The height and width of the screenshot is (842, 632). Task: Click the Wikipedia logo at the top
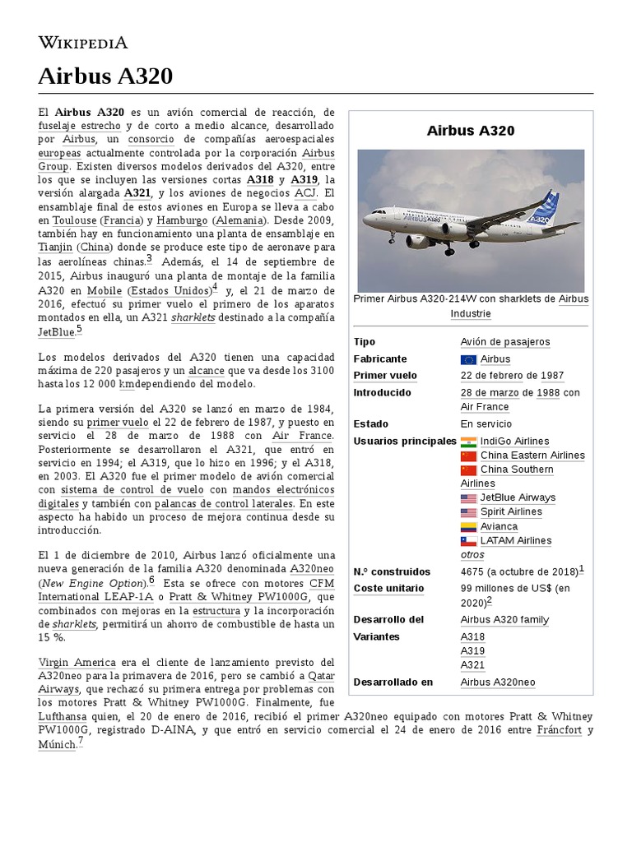pyautogui.click(x=83, y=42)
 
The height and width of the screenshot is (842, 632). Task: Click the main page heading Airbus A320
pyautogui.click(x=105, y=76)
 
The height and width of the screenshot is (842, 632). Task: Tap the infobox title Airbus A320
pyautogui.click(x=471, y=131)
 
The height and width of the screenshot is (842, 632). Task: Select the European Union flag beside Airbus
pyautogui.click(x=469, y=359)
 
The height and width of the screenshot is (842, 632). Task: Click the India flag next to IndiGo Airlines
pyautogui.click(x=469, y=442)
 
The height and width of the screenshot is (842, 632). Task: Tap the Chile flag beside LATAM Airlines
pyautogui.click(x=469, y=541)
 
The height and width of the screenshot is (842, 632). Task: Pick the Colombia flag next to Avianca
pyautogui.click(x=469, y=526)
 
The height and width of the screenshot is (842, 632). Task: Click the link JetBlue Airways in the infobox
pyautogui.click(x=518, y=497)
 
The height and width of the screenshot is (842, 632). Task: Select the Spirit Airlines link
pyautogui.click(x=511, y=511)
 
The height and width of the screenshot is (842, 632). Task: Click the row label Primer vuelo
pyautogui.click(x=385, y=376)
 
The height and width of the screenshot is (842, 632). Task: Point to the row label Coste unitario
pyautogui.click(x=388, y=589)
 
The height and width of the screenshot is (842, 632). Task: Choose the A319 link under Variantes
pyautogui.click(x=472, y=651)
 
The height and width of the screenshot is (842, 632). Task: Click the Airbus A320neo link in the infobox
pyautogui.click(x=498, y=682)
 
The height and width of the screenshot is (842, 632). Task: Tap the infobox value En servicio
pyautogui.click(x=486, y=424)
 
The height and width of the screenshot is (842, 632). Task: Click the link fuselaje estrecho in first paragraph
pyautogui.click(x=79, y=126)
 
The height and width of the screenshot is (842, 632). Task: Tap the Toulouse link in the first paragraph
pyautogui.click(x=75, y=220)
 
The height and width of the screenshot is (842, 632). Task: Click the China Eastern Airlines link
pyautogui.click(x=532, y=456)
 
